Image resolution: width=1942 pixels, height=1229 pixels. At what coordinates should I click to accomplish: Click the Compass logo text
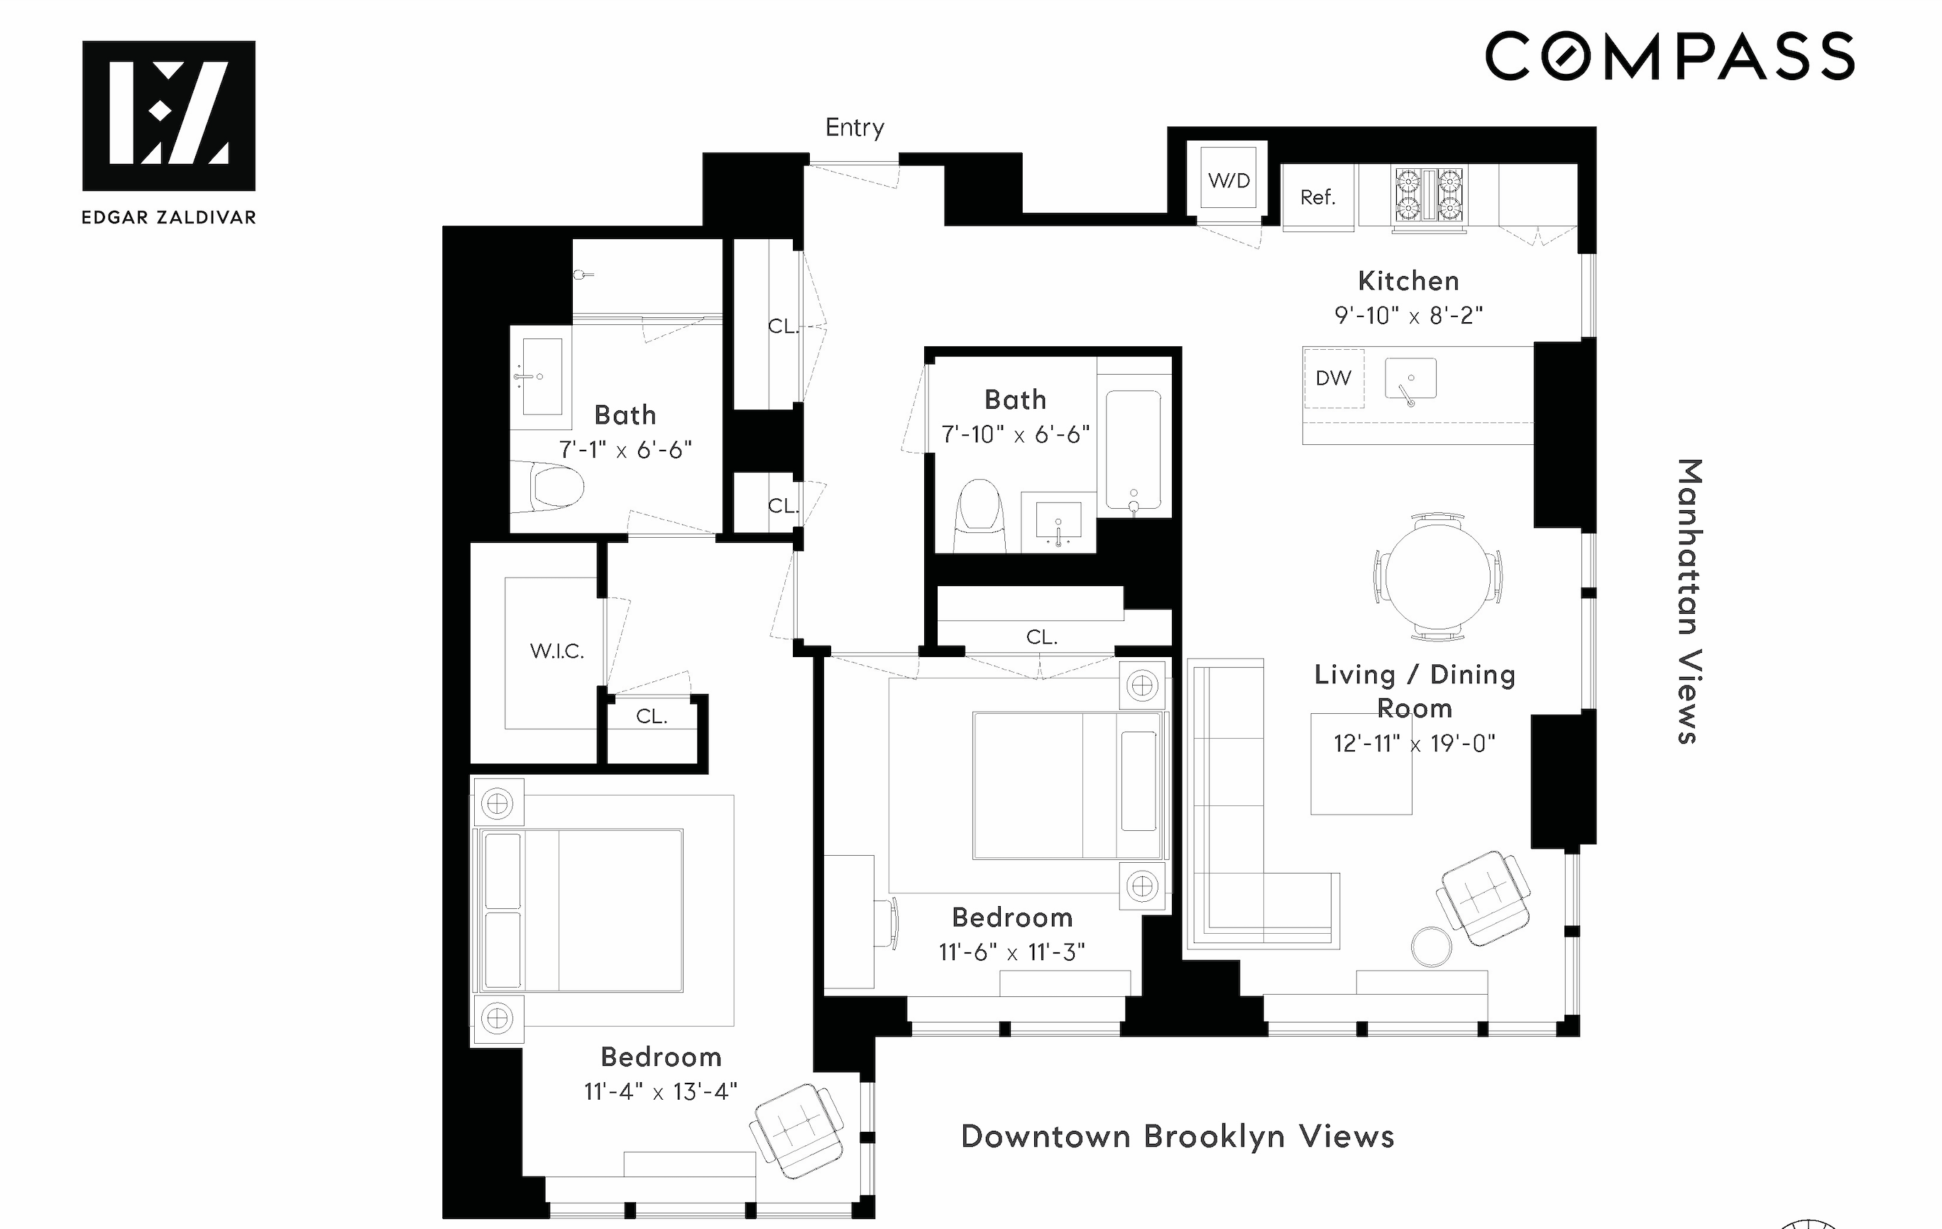pos(1669,57)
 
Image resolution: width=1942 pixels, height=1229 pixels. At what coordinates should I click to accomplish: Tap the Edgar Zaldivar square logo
pos(168,116)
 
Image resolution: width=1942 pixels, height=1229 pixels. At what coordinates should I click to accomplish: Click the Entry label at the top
pos(854,128)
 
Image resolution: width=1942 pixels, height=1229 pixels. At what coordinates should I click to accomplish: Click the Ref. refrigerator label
pos(1317,197)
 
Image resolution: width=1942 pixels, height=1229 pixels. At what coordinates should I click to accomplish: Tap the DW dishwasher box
pos(1333,378)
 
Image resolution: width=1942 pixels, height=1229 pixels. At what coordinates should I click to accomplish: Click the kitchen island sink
pos(1410,379)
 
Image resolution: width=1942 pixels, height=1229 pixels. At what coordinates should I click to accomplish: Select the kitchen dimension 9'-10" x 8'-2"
pos(1408,315)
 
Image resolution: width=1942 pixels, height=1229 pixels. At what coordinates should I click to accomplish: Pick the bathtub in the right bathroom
pos(1133,450)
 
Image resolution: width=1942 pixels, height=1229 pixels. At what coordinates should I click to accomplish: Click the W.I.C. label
pos(556,651)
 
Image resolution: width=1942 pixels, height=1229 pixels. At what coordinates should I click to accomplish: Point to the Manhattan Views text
pos(1688,601)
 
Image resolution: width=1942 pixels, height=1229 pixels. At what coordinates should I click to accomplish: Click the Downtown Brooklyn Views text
pos(1177,1136)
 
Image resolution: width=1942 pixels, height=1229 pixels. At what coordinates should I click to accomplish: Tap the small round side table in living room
pos(1432,945)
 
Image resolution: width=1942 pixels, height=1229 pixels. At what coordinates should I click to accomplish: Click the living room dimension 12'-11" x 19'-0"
pos(1414,743)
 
